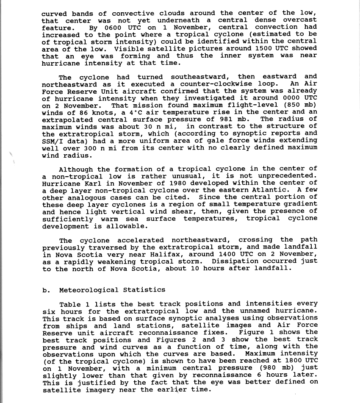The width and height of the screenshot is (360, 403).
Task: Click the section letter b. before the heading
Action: point(46,290)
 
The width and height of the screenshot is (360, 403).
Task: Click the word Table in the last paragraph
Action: point(70,304)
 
